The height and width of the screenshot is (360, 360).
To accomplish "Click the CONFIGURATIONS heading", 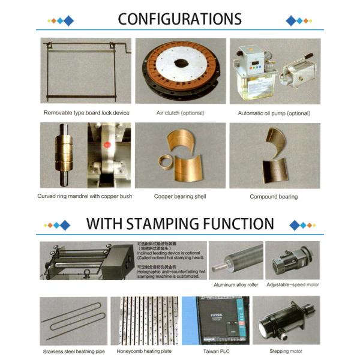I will tap(179, 19).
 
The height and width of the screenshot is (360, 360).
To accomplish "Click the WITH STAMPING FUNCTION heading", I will tap(179, 224).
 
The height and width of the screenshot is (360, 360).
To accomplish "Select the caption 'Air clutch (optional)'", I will tap(180, 113).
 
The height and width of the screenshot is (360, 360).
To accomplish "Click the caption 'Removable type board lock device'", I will tap(86, 113).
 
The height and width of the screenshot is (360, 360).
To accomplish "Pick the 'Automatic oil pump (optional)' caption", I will tap(274, 113).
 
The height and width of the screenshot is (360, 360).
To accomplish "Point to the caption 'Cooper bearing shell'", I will tap(180, 196).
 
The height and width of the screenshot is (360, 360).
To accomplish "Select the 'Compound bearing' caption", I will tap(274, 196).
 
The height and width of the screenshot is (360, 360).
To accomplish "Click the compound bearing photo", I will tap(275, 155).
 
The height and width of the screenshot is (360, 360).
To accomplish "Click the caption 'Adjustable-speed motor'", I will tap(293, 284).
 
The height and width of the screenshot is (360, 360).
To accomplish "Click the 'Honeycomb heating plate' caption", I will tap(145, 351).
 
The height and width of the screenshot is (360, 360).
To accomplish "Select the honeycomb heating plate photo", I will tap(145, 320).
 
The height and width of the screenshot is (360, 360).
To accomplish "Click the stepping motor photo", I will tap(286, 320).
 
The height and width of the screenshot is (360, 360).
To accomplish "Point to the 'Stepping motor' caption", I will tap(287, 351).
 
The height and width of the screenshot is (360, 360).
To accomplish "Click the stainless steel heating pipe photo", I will tap(74, 320).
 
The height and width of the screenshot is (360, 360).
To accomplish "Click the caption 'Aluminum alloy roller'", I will tap(236, 284).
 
